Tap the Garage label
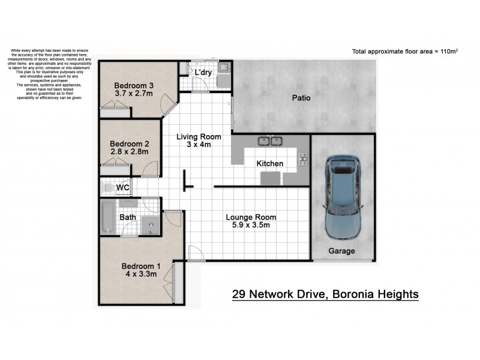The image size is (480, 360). [341, 251]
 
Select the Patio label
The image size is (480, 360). [301, 97]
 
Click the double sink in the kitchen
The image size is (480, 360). [269, 142]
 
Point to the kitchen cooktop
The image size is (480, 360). [303, 159]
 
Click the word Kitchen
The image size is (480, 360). [269, 164]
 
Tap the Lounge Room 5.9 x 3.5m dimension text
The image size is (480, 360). [251, 226]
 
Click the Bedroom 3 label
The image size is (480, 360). [134, 85]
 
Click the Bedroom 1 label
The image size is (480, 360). [141, 266]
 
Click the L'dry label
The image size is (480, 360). [202, 73]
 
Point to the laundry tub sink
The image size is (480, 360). [223, 68]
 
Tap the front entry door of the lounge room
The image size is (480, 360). [196, 254]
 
